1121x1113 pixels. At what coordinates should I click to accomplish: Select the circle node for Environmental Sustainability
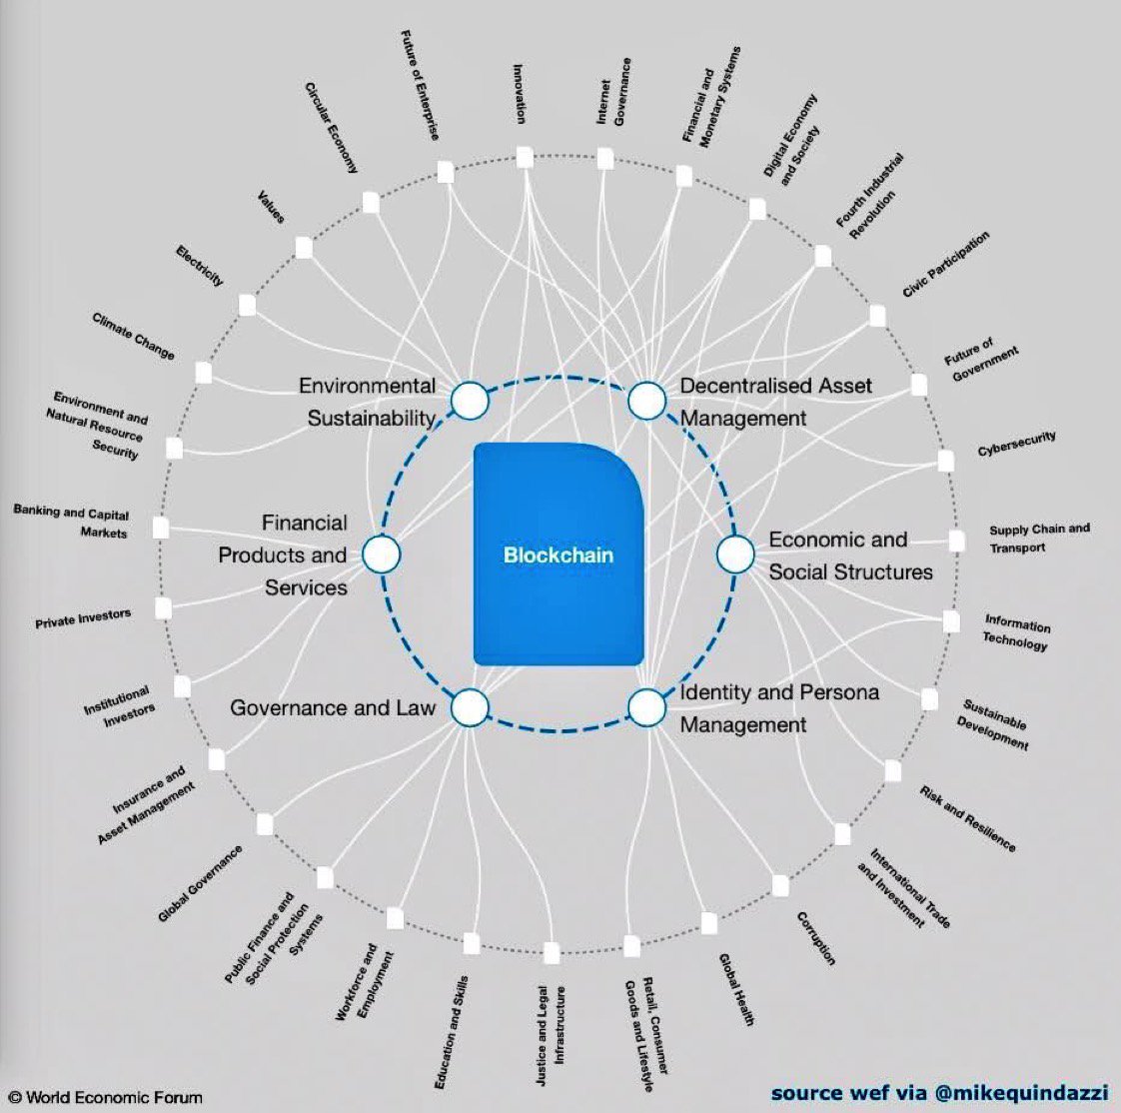(x=470, y=401)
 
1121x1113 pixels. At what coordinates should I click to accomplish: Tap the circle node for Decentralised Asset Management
(x=646, y=401)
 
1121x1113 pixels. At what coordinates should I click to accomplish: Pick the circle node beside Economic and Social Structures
(x=735, y=554)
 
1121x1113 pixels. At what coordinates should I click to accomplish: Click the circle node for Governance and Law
(x=470, y=707)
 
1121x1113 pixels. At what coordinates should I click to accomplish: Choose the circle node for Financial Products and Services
(x=381, y=554)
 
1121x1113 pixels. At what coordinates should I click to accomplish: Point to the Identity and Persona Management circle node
(x=646, y=707)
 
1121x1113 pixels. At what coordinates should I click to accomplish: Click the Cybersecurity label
(x=1016, y=444)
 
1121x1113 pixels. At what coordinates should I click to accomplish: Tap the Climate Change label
(x=133, y=336)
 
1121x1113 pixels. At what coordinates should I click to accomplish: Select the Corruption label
(x=815, y=938)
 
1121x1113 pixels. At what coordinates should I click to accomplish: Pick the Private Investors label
(x=83, y=619)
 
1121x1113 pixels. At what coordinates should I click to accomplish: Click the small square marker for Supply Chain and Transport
(x=956, y=542)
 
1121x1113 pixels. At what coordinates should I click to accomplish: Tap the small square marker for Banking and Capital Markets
(x=161, y=527)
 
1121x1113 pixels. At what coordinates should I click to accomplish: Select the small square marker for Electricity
(x=247, y=305)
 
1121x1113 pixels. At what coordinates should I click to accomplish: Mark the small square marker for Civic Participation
(x=877, y=317)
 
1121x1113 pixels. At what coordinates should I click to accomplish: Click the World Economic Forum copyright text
(x=106, y=1097)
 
